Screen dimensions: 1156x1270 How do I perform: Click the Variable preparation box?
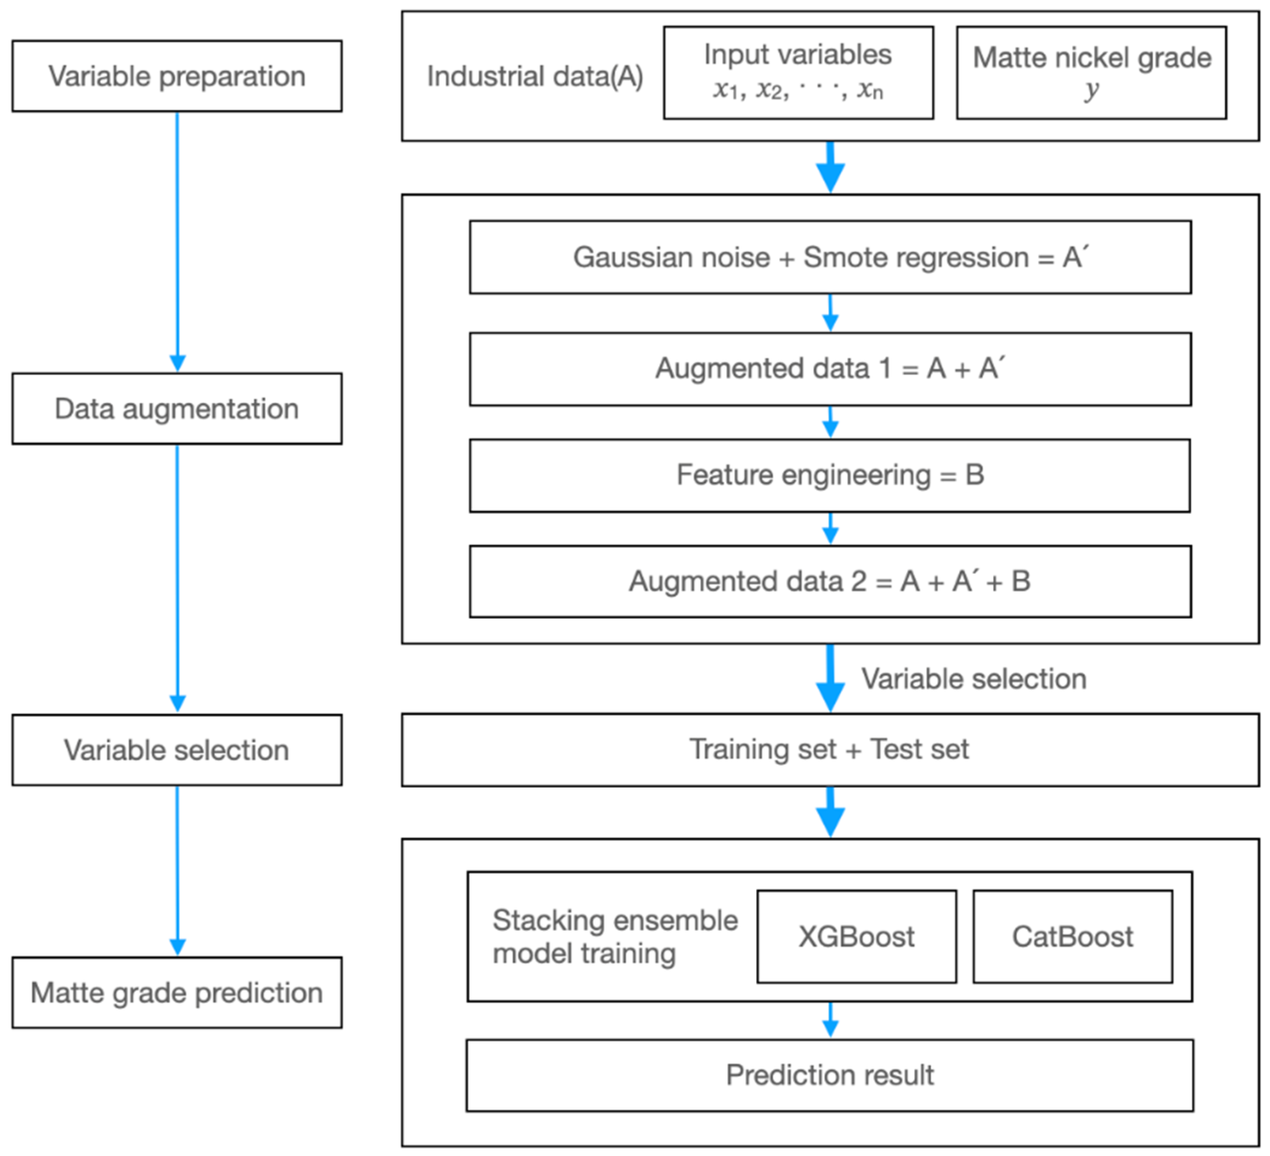click(177, 76)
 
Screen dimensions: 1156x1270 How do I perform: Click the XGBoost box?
click(856, 936)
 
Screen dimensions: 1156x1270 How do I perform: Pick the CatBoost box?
click(1072, 936)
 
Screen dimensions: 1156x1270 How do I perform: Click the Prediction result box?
click(830, 1076)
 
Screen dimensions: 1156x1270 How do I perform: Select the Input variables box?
click(798, 72)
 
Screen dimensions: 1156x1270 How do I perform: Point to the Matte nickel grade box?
click(1091, 72)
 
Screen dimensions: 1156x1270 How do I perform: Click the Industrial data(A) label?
click(535, 76)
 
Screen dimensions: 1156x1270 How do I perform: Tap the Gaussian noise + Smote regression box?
click(830, 257)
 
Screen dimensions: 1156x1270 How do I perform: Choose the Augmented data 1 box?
click(830, 369)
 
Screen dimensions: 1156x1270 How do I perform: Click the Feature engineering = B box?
click(830, 475)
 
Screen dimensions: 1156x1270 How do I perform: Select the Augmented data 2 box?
click(830, 581)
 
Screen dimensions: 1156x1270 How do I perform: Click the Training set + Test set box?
click(830, 750)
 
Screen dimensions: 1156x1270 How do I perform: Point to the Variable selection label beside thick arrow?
click(974, 679)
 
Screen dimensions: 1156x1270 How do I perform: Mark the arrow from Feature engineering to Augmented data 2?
click(830, 528)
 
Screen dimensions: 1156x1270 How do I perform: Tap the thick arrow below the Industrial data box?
click(830, 167)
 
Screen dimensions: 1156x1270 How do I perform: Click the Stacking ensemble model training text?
click(614, 937)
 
